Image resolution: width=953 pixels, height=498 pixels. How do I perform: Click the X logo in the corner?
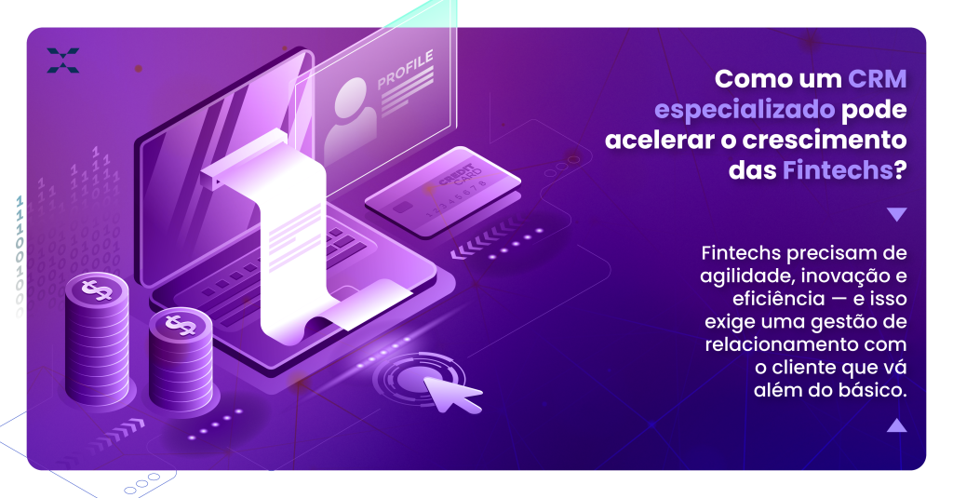click(63, 61)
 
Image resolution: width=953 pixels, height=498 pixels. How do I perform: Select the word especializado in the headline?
click(745, 110)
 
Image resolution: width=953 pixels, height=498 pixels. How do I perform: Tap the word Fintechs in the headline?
click(838, 170)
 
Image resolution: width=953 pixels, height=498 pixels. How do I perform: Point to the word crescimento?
click(825, 140)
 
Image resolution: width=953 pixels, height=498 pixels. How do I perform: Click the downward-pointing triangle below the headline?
click(896, 214)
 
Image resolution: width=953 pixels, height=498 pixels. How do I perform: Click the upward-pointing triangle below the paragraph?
click(896, 425)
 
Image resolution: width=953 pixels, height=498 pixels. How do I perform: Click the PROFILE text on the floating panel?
click(406, 69)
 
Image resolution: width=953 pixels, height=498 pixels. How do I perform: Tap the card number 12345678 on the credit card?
click(454, 200)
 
